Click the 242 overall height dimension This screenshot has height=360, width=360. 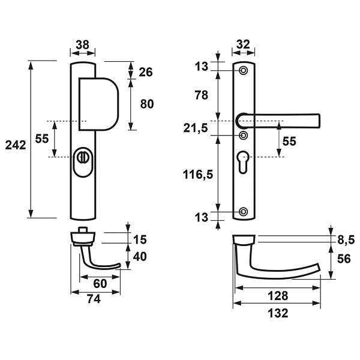[16, 145]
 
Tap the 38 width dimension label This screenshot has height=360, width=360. [82, 45]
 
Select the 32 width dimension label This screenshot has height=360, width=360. [243, 44]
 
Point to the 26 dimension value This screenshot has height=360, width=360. [146, 72]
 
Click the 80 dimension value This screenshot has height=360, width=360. [147, 104]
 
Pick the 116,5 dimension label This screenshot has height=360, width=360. [198, 175]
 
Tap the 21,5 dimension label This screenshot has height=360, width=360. [196, 128]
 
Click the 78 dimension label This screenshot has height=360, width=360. [202, 95]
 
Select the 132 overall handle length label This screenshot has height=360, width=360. [278, 313]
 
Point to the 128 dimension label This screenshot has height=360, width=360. [278, 296]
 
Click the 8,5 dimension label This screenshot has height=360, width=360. [346, 241]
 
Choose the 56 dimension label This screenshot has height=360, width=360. [344, 259]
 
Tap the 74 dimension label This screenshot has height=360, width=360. [94, 299]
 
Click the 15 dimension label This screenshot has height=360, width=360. [140, 239]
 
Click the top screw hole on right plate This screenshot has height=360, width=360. [244, 70]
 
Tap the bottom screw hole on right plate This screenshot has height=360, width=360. [244, 211]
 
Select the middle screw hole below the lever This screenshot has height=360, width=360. [244, 136]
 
